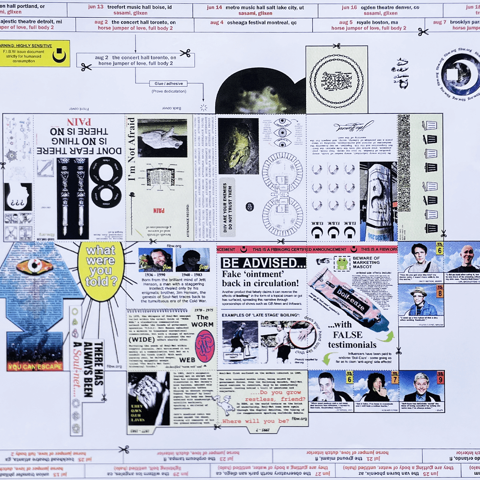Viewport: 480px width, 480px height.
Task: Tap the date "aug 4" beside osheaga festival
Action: click(217, 22)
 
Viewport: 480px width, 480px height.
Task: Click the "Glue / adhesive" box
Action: click(168, 83)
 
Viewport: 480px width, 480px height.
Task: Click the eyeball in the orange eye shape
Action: click(34, 266)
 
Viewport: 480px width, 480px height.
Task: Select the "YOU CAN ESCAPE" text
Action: click(35, 367)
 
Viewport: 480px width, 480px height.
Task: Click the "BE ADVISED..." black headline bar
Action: click(263, 262)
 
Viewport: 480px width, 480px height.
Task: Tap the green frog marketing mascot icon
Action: click(342, 263)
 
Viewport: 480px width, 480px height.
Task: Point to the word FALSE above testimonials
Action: click(347, 335)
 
